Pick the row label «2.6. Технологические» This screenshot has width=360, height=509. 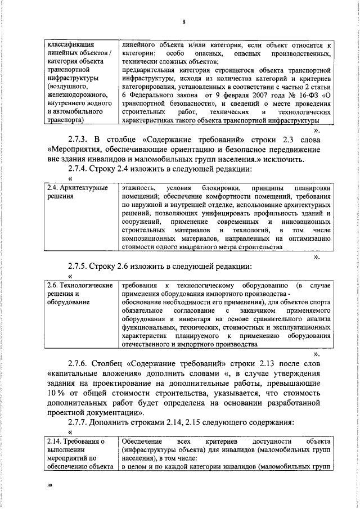(x=79, y=286)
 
